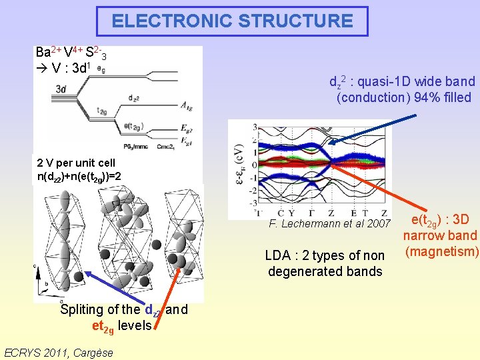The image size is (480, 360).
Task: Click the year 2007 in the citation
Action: [x=378, y=223]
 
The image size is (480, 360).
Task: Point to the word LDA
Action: [x=277, y=255]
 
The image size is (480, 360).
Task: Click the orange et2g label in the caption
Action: [x=103, y=325]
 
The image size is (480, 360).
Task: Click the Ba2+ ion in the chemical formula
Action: [x=47, y=51]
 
